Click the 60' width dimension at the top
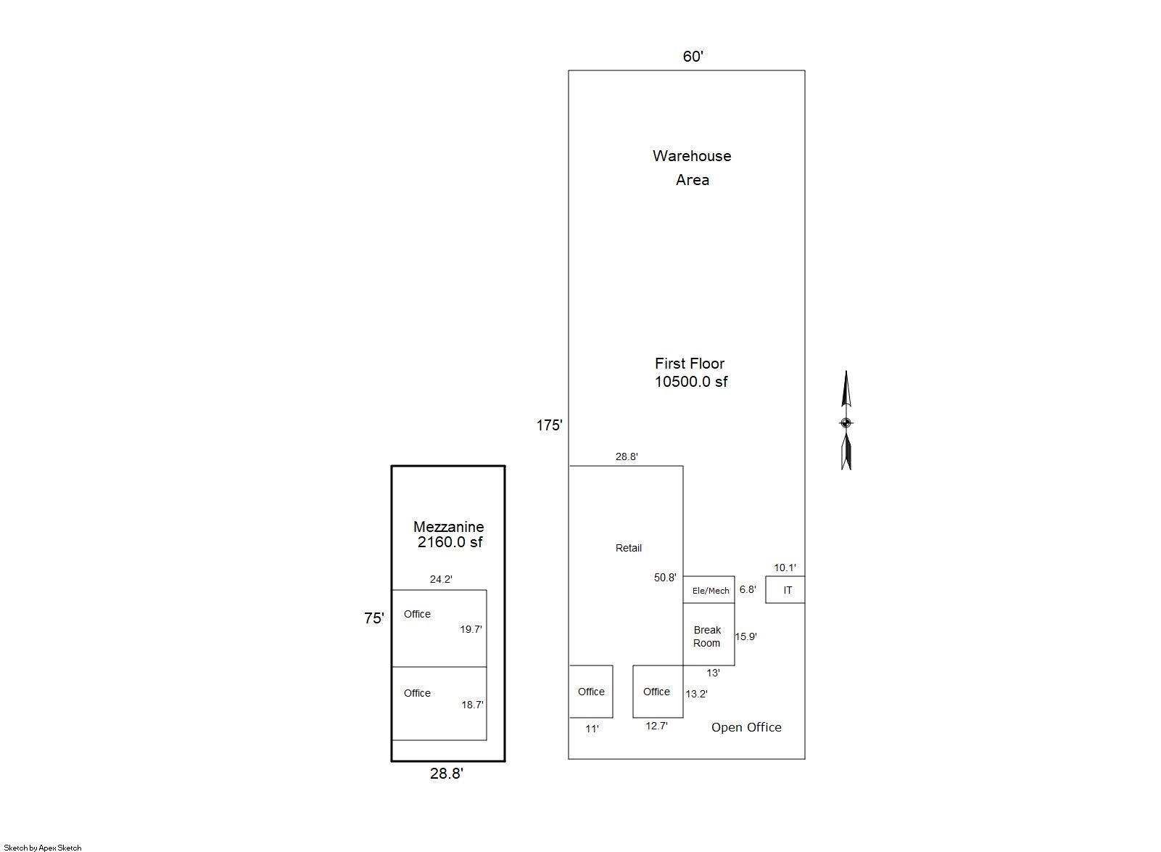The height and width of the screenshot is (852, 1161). coord(693,57)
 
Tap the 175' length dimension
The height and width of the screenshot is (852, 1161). coord(549,426)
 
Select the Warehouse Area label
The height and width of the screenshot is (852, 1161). coord(692,168)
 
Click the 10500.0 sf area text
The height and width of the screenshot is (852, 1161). coord(691,382)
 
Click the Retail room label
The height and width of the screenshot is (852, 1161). coord(628,548)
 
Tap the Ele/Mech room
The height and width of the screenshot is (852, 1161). coord(708,590)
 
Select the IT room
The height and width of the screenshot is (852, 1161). coord(785,590)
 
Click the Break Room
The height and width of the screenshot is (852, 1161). coord(708,635)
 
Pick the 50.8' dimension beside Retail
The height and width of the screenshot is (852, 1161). coord(665,578)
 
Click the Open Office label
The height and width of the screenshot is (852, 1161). coord(746,728)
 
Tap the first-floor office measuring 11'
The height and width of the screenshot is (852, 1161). coord(591,692)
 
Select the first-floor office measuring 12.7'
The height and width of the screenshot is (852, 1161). coord(658,692)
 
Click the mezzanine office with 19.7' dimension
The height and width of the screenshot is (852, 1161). coord(439,628)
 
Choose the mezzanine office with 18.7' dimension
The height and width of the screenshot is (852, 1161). coord(439,704)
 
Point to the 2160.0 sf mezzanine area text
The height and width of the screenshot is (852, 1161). coord(450,542)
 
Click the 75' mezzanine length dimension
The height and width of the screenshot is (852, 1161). coord(373,618)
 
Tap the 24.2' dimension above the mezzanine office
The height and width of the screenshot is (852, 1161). coord(441,580)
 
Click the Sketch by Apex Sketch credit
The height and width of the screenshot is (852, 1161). coord(43,848)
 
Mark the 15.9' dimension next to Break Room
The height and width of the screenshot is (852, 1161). coord(745,636)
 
